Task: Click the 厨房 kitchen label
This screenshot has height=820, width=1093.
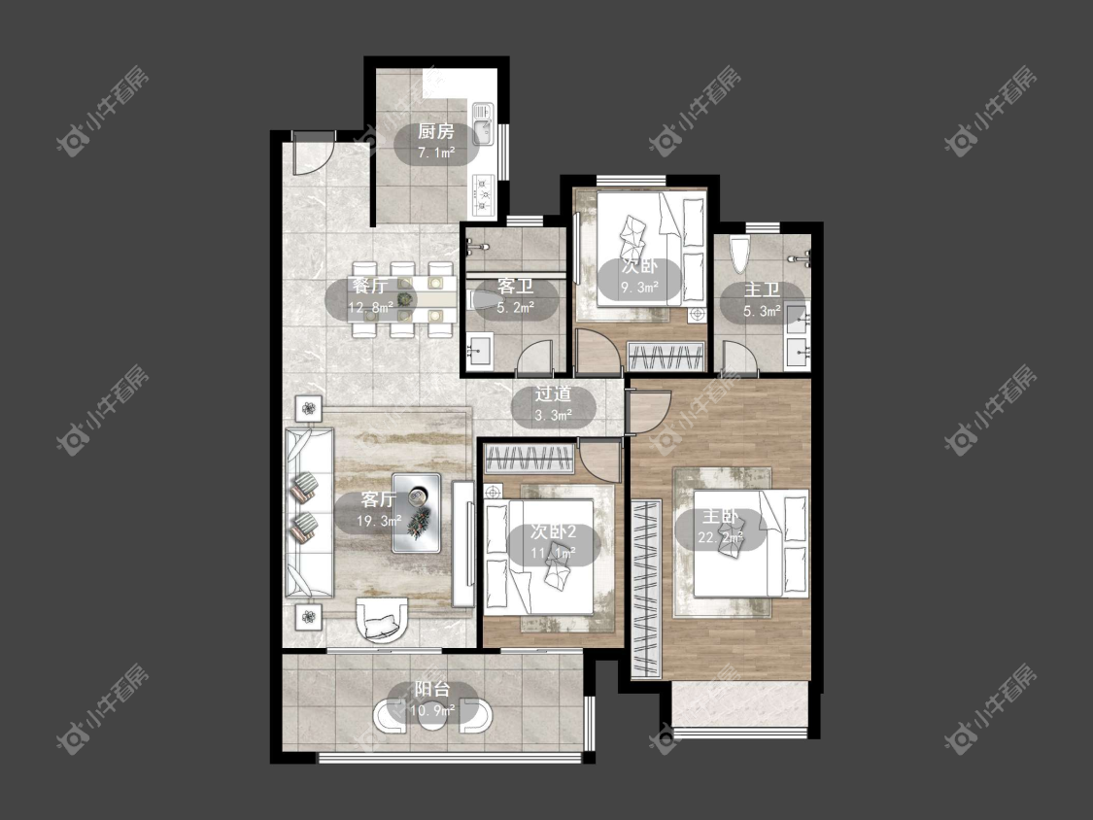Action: pyautogui.click(x=435, y=131)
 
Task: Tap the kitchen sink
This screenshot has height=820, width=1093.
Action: pyautogui.click(x=482, y=124)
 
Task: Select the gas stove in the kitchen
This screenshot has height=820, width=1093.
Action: pyautogui.click(x=483, y=192)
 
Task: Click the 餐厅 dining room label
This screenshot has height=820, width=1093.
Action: pyautogui.click(x=369, y=286)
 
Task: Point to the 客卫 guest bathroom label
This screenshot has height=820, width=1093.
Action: pyautogui.click(x=515, y=286)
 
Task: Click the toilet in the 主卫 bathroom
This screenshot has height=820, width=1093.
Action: pyautogui.click(x=739, y=255)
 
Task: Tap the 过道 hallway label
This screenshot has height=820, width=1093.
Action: pyautogui.click(x=554, y=393)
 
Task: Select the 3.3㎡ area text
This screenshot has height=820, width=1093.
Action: pyautogui.click(x=554, y=416)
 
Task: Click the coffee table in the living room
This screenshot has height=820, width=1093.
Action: pyautogui.click(x=416, y=513)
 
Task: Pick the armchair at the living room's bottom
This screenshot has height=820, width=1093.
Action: pyautogui.click(x=382, y=619)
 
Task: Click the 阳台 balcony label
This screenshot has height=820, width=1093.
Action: pyautogui.click(x=432, y=690)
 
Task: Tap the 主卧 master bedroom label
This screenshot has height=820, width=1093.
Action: pyautogui.click(x=720, y=516)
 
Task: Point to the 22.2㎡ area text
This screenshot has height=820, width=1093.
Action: pyautogui.click(x=720, y=537)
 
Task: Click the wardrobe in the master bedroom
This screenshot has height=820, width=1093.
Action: pyautogui.click(x=646, y=589)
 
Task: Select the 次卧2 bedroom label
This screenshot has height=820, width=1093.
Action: pyautogui.click(x=554, y=532)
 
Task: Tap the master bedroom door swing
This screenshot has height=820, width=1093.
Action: pyautogui.click(x=649, y=412)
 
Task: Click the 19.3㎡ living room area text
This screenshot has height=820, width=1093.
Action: pyautogui.click(x=379, y=521)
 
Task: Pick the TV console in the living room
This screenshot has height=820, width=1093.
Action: pyautogui.click(x=462, y=543)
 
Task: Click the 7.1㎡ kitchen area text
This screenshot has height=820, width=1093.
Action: pyautogui.click(x=435, y=153)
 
